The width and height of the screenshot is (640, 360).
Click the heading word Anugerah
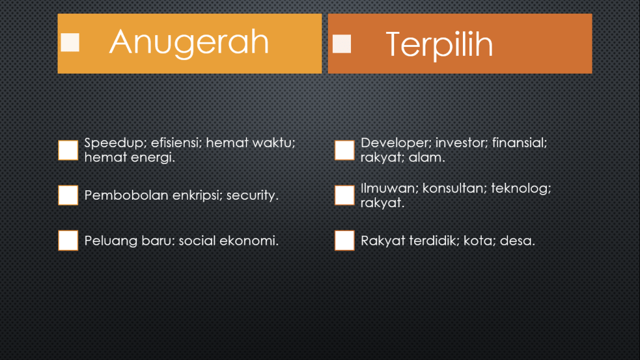189,43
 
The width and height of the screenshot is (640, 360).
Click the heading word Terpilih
439,44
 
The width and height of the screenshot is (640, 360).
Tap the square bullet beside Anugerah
70,43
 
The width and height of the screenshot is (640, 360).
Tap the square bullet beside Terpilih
342,44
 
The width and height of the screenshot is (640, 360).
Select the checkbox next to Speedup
68,150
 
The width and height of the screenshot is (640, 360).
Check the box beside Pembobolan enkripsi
68,195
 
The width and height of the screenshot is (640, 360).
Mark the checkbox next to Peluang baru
68,240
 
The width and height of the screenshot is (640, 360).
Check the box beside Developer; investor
345,150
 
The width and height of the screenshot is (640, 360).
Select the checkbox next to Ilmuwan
345,195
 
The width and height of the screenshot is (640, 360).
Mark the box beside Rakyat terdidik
345,240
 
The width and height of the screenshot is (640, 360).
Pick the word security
252,196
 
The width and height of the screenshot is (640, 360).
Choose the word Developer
395,143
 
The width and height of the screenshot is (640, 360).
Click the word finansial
519,143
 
